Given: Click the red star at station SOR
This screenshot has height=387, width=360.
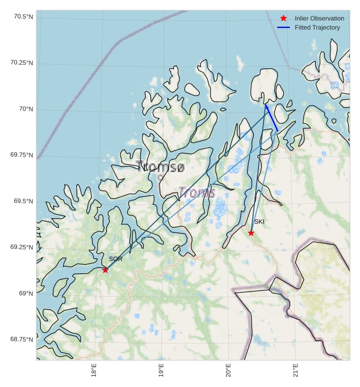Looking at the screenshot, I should (105, 269).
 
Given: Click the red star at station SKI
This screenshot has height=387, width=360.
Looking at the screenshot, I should (251, 232).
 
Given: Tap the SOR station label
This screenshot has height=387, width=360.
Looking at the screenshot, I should (116, 259).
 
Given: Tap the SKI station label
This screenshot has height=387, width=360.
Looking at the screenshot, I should (259, 222).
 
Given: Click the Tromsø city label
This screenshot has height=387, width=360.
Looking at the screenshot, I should (161, 167).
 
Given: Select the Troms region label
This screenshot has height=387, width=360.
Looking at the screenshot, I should (197, 193).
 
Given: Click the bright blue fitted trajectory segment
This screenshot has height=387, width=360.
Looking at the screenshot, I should (271, 118).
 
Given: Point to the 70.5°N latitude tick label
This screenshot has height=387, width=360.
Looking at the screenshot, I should (23, 16).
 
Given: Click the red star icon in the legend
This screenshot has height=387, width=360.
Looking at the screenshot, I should (283, 18).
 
